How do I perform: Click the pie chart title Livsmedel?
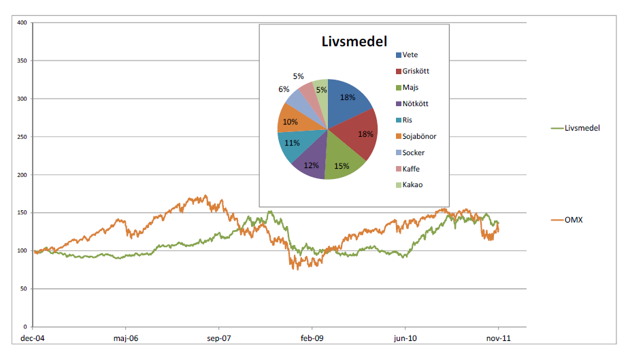point(354,42)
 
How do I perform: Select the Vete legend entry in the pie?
point(410,55)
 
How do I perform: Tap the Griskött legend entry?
point(416,71)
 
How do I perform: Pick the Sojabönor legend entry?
point(419,136)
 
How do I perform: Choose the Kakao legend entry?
point(412,184)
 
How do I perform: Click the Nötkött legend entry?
point(416,104)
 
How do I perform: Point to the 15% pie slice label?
point(341,167)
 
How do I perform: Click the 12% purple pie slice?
point(312,165)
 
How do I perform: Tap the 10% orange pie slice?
point(290,121)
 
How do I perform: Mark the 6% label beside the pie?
point(284,89)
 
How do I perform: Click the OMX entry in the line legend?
point(574,220)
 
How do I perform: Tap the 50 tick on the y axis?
point(23,289)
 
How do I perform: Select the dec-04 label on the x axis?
point(33,337)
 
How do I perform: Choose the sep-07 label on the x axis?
point(218,337)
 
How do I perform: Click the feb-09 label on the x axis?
point(312,337)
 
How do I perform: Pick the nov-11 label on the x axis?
point(498,337)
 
